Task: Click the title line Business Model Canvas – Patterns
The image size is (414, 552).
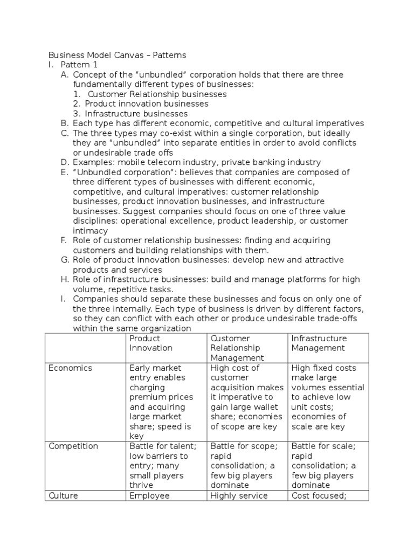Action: click(x=117, y=55)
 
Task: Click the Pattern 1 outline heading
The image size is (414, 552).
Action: click(x=78, y=65)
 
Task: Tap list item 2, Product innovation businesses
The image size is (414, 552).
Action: click(x=147, y=103)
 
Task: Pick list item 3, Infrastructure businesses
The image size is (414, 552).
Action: click(x=136, y=113)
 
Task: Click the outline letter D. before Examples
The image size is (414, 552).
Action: click(x=65, y=162)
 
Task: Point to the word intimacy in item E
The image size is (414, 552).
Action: click(x=90, y=230)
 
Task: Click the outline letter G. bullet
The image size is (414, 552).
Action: click(x=65, y=260)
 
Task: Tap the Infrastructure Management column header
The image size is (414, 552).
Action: click(x=319, y=343)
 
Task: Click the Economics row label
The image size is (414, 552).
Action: click(x=70, y=368)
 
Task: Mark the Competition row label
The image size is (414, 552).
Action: click(x=73, y=446)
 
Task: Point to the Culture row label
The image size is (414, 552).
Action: click(x=63, y=495)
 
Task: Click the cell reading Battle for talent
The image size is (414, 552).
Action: click(x=163, y=466)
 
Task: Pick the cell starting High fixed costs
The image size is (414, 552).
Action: click(x=327, y=397)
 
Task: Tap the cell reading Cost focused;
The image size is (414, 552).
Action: click(x=318, y=495)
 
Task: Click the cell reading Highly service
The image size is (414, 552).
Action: click(x=239, y=495)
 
